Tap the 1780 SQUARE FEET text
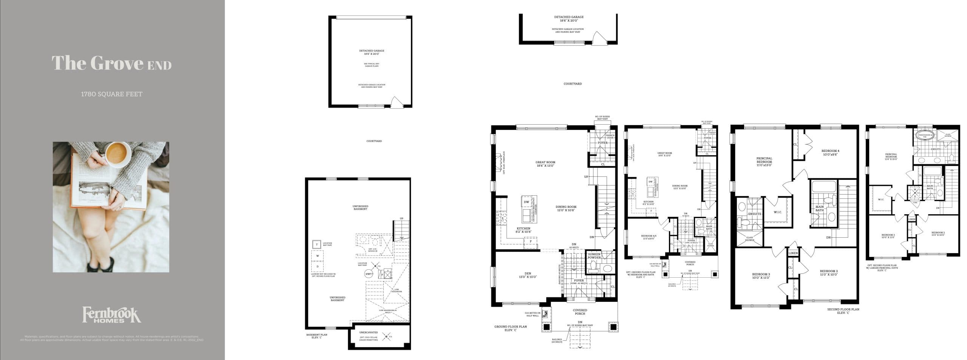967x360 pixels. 111,94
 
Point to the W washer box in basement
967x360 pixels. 318,256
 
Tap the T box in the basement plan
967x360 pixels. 317,245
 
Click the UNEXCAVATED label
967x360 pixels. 368,332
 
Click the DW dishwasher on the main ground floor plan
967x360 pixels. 526,202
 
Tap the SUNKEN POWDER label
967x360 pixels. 594,256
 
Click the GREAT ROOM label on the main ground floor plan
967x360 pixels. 545,164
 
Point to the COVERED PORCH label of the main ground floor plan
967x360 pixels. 580,312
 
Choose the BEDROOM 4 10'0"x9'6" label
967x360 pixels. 830,153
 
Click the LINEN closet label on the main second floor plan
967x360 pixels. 793,253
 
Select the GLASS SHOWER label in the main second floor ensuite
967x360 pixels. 750,239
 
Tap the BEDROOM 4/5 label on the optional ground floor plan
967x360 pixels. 649,237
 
